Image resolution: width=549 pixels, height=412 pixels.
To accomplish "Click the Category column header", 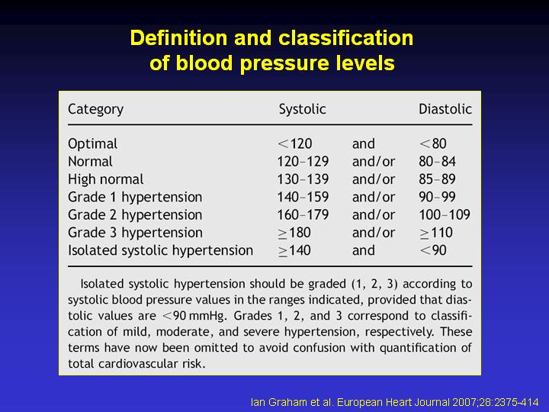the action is pyautogui.click(x=95, y=109).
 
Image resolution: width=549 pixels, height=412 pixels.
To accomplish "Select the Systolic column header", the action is pyautogui.click(x=302, y=109).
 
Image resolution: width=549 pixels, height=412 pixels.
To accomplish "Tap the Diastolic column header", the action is pyautogui.click(x=445, y=109).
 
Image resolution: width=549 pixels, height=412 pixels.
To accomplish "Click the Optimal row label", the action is pyautogui.click(x=93, y=144).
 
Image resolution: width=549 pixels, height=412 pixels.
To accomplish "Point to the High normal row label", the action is pyautogui.click(x=106, y=179).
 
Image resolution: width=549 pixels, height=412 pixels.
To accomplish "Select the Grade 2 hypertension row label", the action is pyautogui.click(x=135, y=214).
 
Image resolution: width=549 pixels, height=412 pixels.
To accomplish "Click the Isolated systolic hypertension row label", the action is pyautogui.click(x=160, y=250).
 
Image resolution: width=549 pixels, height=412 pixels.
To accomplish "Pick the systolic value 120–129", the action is pyautogui.click(x=303, y=162).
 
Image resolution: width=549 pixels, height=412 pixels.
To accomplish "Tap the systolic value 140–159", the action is pyautogui.click(x=303, y=197).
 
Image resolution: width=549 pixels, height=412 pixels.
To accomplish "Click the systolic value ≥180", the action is pyautogui.click(x=294, y=233).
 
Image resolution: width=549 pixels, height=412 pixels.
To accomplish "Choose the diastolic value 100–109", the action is pyautogui.click(x=445, y=214).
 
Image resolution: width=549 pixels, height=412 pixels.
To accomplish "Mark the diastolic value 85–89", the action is pyautogui.click(x=437, y=179).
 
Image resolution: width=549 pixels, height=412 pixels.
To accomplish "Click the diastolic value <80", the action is pyautogui.click(x=433, y=143).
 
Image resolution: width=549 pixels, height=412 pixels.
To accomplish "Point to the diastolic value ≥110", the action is pyautogui.click(x=436, y=233).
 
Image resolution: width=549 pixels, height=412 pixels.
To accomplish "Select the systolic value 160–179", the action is pyautogui.click(x=303, y=214).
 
